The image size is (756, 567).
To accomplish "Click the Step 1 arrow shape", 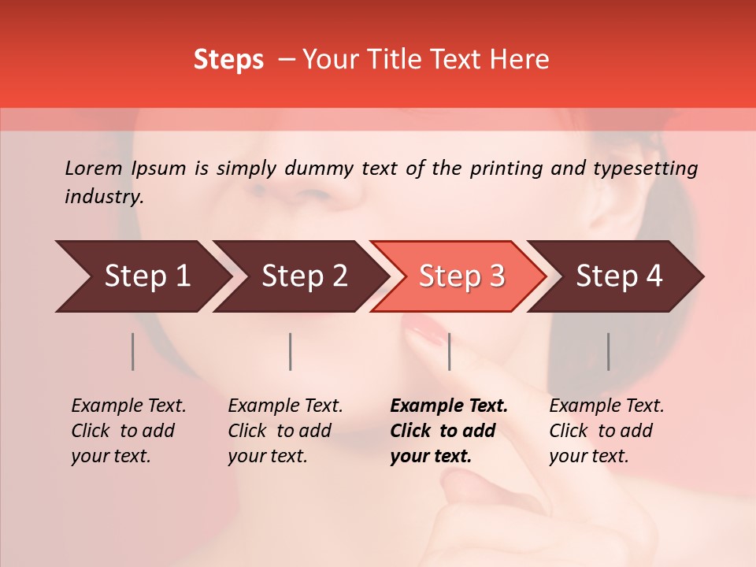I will [142, 276].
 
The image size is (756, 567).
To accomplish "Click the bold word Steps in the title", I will [228, 60].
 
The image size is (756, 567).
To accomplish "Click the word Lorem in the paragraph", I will [94, 168].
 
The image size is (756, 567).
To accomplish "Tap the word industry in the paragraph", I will [102, 197].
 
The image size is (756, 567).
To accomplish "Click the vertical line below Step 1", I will [133, 351].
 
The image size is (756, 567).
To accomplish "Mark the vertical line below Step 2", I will [291, 351].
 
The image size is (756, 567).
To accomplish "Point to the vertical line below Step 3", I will [450, 351].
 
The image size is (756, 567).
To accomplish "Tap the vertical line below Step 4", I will [608, 351].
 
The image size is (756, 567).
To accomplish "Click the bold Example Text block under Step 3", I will [449, 431].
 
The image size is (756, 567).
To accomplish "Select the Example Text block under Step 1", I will [128, 431].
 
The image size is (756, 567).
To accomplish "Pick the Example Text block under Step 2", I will [285, 431].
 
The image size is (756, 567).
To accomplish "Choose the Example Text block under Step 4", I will [606, 431].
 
